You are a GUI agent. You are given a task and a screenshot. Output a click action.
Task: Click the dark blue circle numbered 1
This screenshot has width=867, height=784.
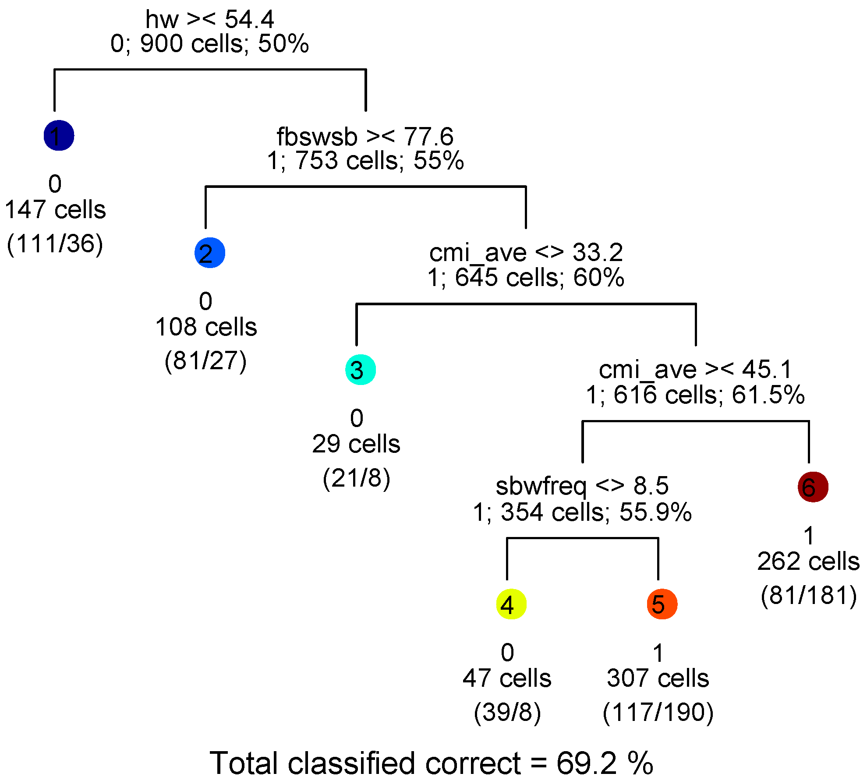59,135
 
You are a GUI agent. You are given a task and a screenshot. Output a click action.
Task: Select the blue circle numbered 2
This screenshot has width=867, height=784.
210,253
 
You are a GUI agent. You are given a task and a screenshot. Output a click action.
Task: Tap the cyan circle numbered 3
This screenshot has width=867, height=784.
361,370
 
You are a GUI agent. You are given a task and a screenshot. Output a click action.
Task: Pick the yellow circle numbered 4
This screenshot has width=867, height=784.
511,604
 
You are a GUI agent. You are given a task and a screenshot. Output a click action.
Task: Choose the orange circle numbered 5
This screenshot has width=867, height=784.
662,604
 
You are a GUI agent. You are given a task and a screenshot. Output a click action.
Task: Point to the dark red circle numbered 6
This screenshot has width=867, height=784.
813,487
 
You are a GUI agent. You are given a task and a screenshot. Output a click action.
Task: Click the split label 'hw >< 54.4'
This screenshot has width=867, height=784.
209,19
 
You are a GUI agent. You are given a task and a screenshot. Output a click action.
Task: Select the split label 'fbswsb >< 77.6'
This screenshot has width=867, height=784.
365,137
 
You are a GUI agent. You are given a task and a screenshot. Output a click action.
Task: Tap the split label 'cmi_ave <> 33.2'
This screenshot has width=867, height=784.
526,253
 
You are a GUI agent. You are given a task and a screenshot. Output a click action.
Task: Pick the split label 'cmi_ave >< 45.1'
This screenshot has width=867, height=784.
696,370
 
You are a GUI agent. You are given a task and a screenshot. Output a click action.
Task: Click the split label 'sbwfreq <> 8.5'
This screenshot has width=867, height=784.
582,486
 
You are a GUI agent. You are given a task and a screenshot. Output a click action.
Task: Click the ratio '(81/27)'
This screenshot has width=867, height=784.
205,360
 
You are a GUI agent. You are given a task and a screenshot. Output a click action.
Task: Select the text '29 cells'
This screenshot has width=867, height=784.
356,444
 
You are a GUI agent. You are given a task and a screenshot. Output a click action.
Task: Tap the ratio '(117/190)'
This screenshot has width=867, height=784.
658,712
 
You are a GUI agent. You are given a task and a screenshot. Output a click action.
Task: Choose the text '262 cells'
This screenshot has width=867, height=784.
808,561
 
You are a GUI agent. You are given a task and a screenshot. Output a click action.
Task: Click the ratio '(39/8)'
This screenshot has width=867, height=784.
507,712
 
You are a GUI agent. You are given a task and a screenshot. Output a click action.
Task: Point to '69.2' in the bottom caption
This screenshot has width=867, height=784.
587,763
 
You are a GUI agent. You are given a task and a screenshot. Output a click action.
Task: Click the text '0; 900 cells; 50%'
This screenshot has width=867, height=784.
209,44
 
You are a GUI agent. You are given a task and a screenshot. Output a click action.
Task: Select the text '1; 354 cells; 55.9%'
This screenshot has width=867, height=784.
582,512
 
